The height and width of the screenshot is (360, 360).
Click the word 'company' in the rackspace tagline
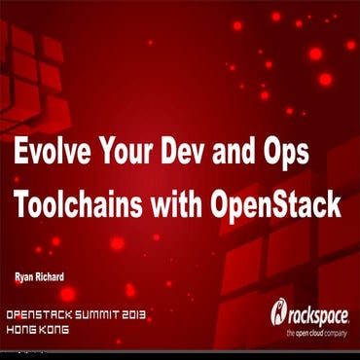coord(339,332)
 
